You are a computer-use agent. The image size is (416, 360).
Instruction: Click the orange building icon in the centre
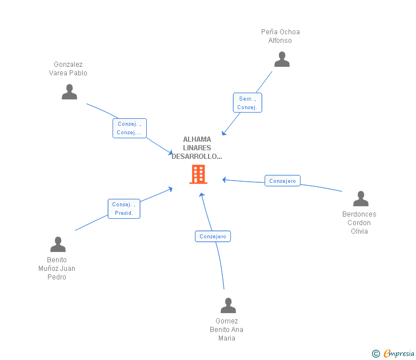[x=198, y=174]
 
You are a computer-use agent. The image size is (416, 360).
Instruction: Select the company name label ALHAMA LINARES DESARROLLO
[x=197, y=147]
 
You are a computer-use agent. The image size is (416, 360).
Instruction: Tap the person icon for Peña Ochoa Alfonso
[x=282, y=59]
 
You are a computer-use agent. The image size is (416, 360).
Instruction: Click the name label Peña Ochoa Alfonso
[x=280, y=36]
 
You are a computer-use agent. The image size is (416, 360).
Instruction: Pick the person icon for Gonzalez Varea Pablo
[x=69, y=92]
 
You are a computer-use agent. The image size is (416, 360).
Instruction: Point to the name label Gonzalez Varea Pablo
[x=68, y=69]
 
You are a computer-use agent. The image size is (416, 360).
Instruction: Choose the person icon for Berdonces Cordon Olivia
[x=361, y=199]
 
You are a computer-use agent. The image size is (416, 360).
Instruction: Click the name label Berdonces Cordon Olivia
[x=359, y=223]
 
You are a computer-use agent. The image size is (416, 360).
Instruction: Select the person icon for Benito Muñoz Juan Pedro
[x=58, y=245]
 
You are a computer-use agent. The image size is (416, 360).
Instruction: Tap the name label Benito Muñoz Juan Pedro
[x=57, y=269]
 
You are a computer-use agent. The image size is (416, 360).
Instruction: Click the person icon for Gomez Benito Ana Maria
[x=228, y=306]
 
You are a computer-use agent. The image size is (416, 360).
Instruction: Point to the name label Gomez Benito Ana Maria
[x=226, y=330]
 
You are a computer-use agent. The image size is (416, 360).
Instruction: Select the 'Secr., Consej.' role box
[x=247, y=103]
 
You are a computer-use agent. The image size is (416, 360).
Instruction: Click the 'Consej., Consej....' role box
[x=129, y=128]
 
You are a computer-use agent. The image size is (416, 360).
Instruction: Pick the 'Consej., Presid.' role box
[x=124, y=209]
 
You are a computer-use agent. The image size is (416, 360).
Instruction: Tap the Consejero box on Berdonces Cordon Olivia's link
[x=282, y=181]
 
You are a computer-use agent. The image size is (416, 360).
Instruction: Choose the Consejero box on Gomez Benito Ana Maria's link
[x=213, y=236]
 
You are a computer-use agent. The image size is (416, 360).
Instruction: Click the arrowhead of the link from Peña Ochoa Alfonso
[x=223, y=134]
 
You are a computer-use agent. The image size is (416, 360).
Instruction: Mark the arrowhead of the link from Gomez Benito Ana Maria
[x=201, y=194]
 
